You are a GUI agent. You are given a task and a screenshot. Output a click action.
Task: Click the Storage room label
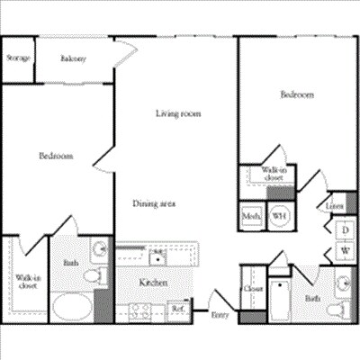pos(18,58)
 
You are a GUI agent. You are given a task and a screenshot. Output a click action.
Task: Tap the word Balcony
pos(74,59)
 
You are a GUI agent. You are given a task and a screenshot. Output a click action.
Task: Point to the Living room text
pos(177,113)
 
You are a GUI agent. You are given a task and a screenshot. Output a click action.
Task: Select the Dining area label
pos(154,203)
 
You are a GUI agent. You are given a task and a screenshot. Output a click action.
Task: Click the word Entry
pos(220,315)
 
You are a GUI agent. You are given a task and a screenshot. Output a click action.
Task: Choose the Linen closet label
pos(335,207)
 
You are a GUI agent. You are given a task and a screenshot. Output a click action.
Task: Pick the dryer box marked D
pos(345,229)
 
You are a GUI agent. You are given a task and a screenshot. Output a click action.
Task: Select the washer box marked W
pos(345,249)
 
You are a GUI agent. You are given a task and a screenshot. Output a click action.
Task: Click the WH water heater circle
pos(280,216)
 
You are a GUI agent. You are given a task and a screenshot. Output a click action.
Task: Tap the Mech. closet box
pos(251,216)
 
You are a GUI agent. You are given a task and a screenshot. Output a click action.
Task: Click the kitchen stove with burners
pos(140,311)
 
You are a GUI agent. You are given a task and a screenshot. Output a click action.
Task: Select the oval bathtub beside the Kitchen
pos(72,306)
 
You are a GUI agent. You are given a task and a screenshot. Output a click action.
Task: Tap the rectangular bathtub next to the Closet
pos(279,301)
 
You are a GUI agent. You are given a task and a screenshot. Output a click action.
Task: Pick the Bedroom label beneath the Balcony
pos(56,156)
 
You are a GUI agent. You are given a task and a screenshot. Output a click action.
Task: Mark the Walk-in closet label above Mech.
pos(273,174)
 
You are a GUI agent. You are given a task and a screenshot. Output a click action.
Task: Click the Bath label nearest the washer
pos(312,298)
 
